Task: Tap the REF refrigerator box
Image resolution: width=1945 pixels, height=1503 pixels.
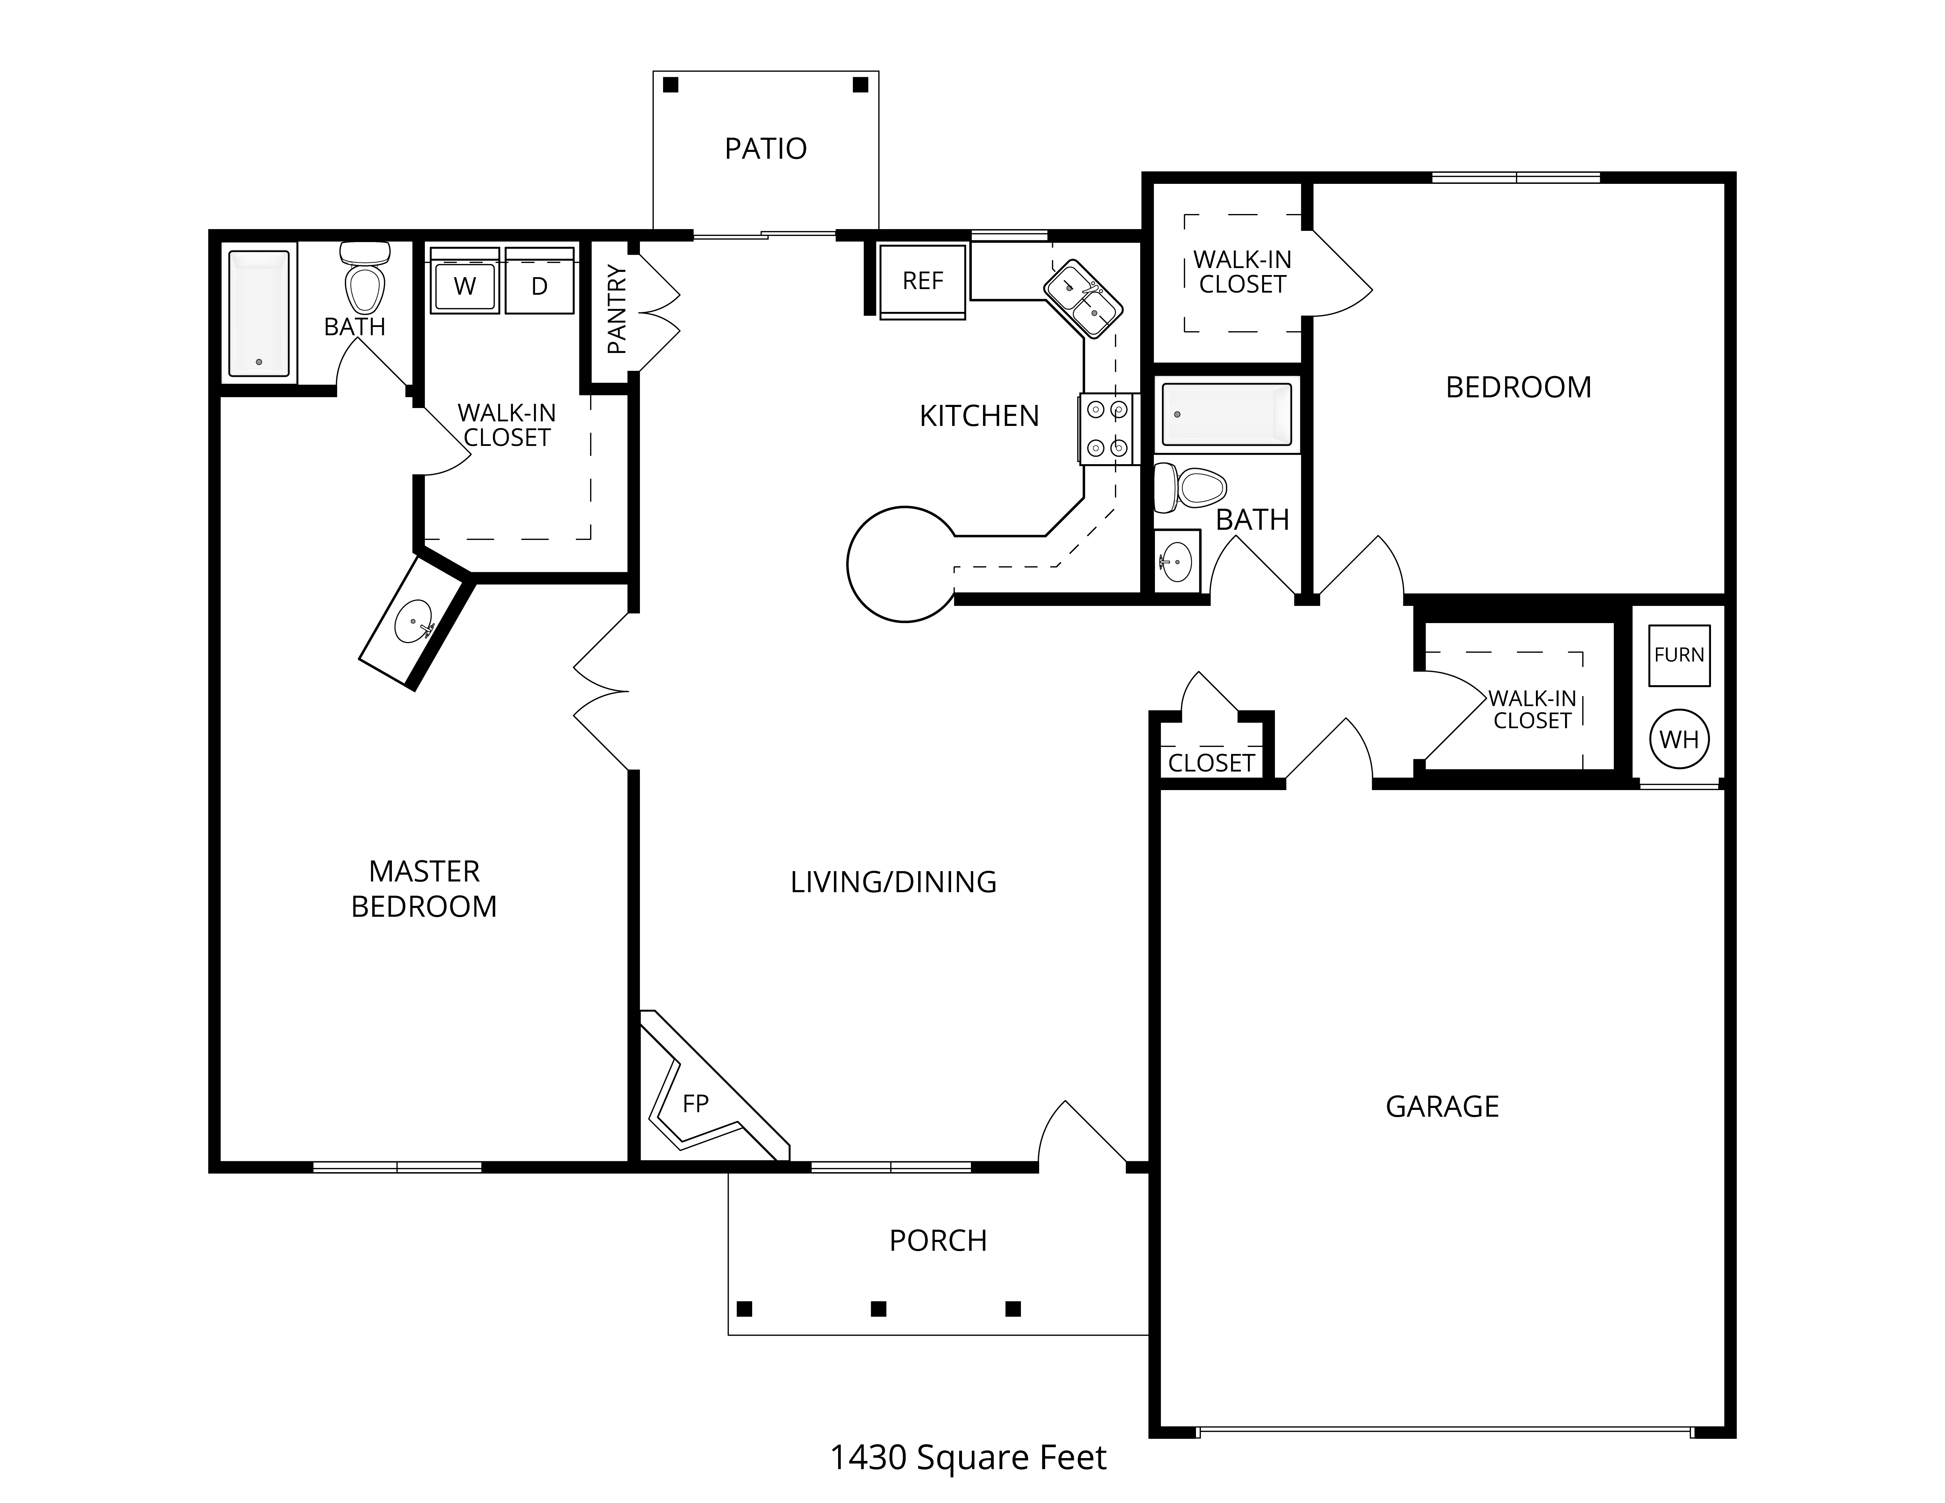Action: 923,281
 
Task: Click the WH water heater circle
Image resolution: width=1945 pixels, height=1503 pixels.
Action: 1679,739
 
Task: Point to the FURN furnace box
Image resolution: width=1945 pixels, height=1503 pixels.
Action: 1679,655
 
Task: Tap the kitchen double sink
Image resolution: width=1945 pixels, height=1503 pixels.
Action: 1083,299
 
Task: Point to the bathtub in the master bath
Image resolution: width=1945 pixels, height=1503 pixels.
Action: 259,313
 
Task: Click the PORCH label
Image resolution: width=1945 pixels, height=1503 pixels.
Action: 938,1240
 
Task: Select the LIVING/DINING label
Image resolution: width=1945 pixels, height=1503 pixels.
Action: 893,882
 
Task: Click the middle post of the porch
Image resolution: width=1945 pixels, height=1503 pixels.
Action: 878,1309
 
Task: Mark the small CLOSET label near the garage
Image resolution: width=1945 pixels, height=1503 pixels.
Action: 1211,763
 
